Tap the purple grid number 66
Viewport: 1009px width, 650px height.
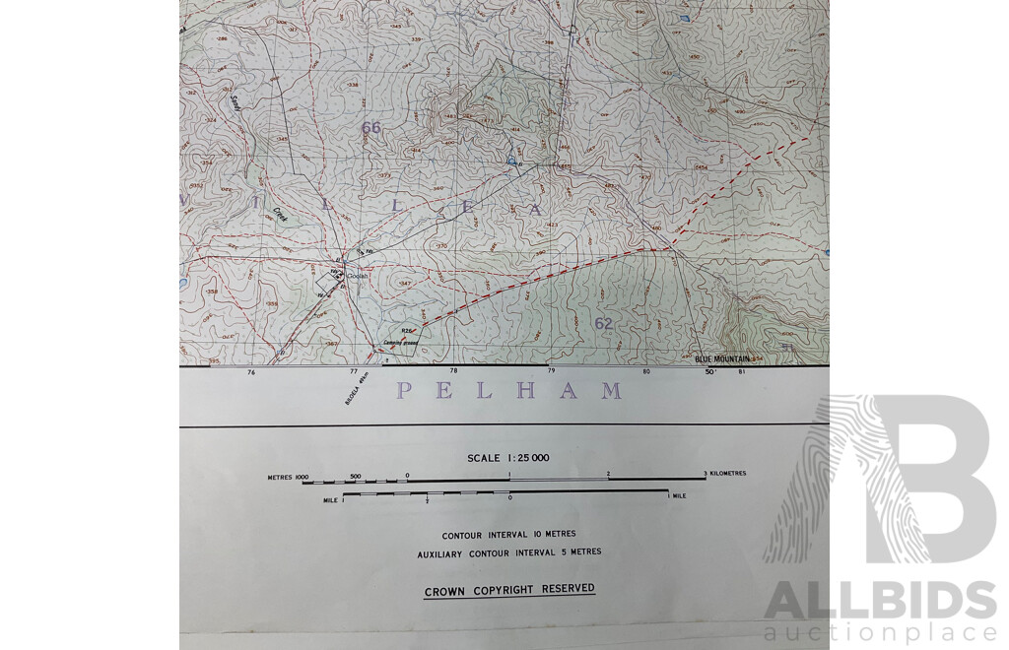coord(370,127)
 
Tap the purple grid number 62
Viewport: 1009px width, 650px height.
coord(603,323)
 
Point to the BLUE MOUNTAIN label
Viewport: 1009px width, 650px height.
coord(722,359)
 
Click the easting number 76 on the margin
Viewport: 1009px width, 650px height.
coord(251,372)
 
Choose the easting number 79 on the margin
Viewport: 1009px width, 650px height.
coord(551,372)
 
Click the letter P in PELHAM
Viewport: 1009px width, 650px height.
coord(404,391)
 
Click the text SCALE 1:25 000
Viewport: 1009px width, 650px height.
coord(508,458)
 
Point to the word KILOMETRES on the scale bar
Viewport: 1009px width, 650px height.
coord(727,474)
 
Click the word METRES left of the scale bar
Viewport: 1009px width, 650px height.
coord(282,477)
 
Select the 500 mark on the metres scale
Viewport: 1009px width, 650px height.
coord(356,476)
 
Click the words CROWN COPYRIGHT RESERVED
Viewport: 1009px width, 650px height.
coord(509,590)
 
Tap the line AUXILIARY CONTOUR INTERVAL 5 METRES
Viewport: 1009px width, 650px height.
coord(508,552)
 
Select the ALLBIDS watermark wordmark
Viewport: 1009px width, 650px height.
coord(880,601)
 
